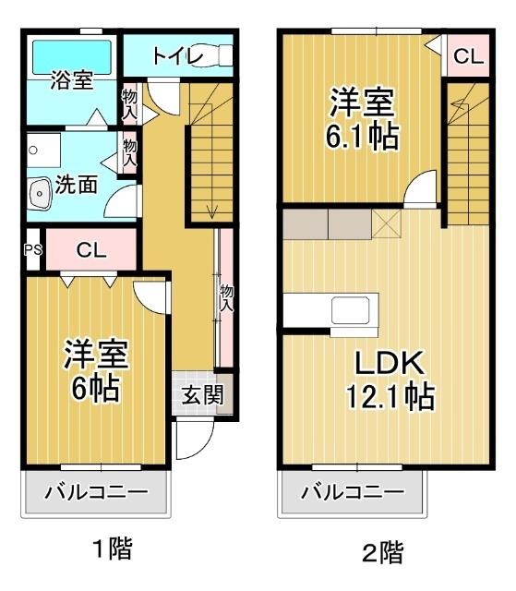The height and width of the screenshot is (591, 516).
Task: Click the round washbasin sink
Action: [x=40, y=194]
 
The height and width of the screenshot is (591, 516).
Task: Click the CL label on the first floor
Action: [x=90, y=249]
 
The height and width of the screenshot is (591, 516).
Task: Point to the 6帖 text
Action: [x=96, y=389]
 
